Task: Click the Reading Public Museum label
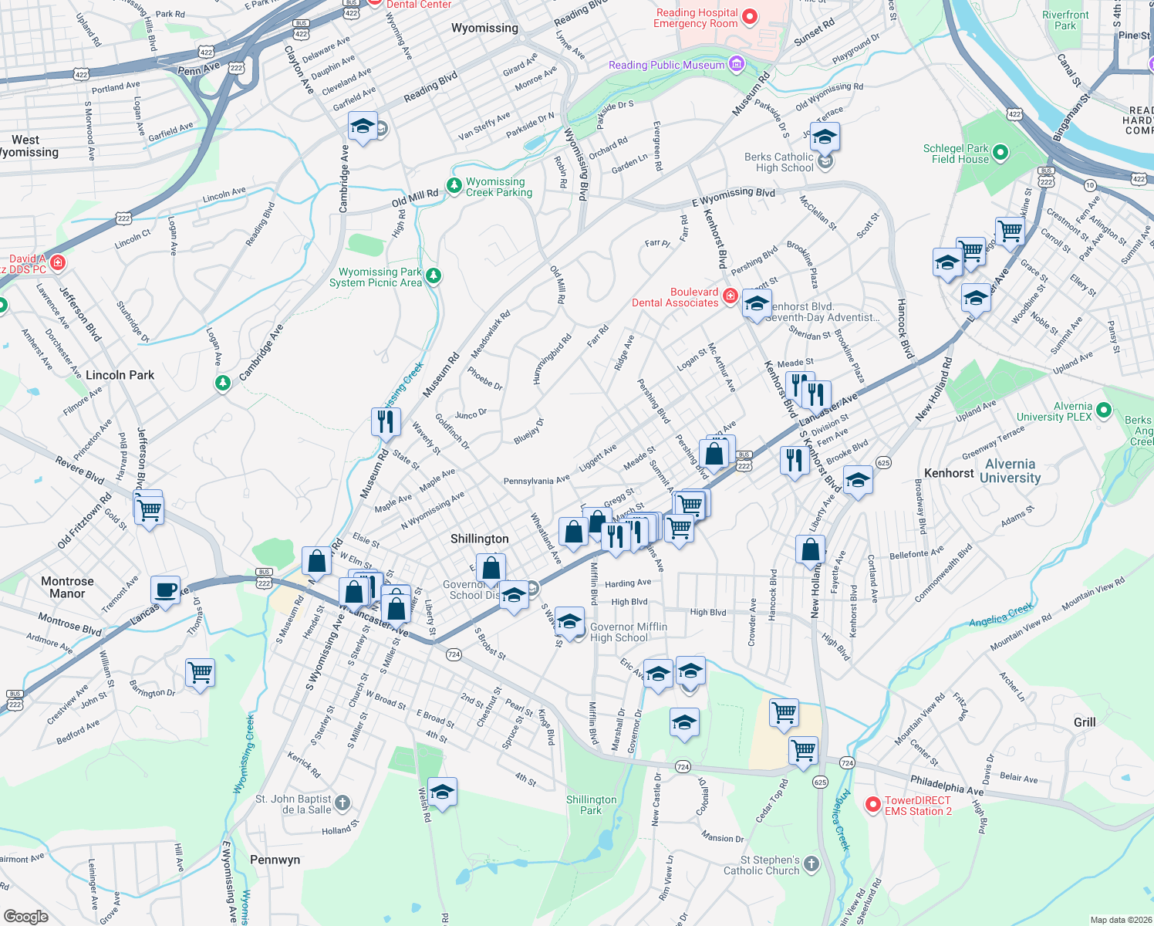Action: point(666,65)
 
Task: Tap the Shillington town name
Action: point(479,539)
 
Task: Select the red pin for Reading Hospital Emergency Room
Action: point(750,17)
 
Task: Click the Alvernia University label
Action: point(1010,471)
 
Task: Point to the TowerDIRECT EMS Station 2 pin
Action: point(872,805)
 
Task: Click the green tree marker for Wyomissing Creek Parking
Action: point(454,186)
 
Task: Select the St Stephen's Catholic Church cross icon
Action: point(811,864)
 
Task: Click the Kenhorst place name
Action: point(949,473)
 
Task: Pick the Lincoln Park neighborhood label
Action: point(120,375)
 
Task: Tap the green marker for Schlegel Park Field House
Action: point(1000,152)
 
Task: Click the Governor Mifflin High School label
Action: point(629,632)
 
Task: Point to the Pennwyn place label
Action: point(275,860)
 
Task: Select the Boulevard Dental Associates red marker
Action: point(730,296)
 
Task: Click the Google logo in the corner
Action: point(25,916)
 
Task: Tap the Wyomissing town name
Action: point(484,28)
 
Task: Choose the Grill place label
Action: point(1085,722)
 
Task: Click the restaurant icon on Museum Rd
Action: point(385,421)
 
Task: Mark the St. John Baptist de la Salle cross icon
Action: point(342,803)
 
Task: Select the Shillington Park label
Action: point(591,805)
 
